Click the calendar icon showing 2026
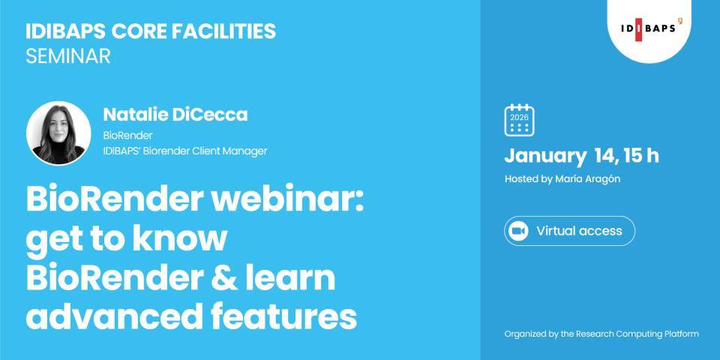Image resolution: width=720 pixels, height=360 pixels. click(x=519, y=120)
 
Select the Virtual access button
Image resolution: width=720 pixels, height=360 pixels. click(x=569, y=231)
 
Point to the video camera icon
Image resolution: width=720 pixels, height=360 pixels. click(x=519, y=231)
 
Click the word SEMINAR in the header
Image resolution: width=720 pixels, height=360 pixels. click(x=67, y=56)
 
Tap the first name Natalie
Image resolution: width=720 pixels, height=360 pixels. click(x=136, y=115)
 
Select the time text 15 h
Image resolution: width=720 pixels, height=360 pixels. click(x=643, y=156)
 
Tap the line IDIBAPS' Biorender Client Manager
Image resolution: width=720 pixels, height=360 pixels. click(x=184, y=151)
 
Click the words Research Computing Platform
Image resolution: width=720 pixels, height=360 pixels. click(x=640, y=334)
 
